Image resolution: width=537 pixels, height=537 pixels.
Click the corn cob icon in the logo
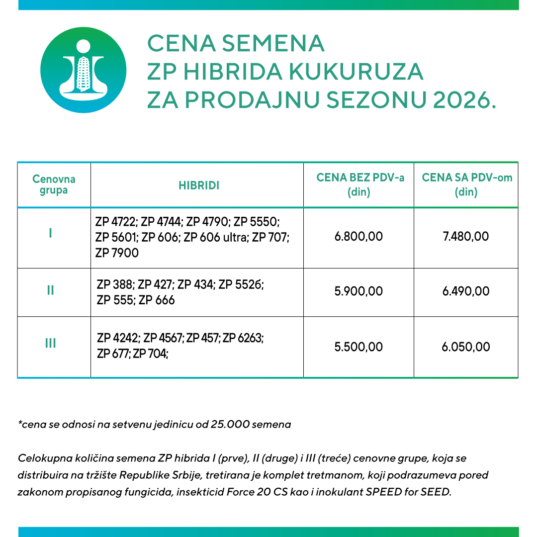[83, 73]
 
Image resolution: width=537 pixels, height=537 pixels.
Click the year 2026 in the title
[464, 100]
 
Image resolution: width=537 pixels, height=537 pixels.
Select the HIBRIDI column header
[199, 185]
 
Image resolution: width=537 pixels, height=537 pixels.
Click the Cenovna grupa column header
[54, 184]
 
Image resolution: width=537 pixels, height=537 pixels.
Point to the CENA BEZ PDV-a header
[360, 184]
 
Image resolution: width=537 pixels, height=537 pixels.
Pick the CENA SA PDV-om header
[467, 184]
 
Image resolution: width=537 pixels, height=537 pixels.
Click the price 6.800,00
[359, 236]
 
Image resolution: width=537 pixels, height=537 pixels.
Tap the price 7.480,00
[466, 236]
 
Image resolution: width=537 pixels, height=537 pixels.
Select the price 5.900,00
[359, 291]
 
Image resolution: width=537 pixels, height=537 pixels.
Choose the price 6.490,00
[466, 291]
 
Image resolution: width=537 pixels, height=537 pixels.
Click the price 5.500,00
[359, 347]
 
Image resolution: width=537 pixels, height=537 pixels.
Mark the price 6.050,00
[466, 347]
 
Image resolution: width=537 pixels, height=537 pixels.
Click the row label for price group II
[50, 290]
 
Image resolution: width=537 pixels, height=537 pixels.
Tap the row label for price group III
[50, 343]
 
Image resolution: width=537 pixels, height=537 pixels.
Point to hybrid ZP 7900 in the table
[117, 253]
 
